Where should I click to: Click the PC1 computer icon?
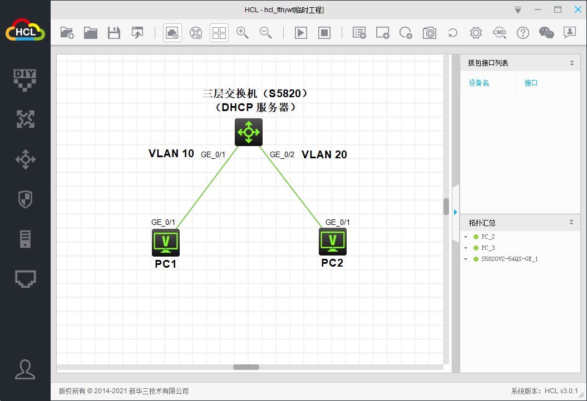coord(166,242)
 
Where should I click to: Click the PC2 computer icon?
coord(333,241)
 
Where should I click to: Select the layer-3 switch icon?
coord(248,132)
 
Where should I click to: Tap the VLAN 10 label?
coord(171,154)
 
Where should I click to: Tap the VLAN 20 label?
coord(324,155)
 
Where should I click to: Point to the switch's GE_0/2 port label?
coord(282,154)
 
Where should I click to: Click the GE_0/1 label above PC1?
coord(163,222)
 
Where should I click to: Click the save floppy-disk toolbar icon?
coord(114,33)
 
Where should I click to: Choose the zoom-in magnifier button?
coord(243,33)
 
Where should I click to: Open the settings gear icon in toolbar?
coord(476,33)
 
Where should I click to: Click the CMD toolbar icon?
coord(499,33)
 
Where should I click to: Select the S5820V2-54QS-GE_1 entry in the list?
coord(509,259)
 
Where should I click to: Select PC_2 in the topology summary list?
coord(488,237)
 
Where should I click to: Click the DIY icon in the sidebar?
coord(25,79)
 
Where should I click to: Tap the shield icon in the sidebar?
coord(25,199)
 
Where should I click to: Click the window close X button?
coord(574,9)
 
